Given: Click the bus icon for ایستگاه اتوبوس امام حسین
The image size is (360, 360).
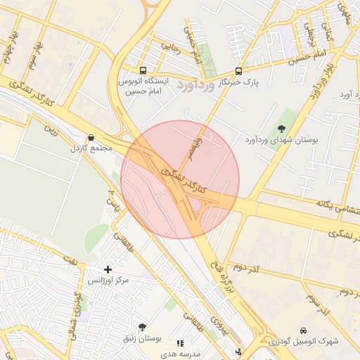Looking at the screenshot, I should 143,71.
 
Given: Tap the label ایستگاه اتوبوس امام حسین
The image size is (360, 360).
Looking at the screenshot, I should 144,86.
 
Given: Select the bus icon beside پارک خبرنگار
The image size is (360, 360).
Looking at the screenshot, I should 238,71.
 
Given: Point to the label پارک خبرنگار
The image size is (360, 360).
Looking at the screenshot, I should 238,82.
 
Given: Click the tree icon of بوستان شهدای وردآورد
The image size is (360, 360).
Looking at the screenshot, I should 282,129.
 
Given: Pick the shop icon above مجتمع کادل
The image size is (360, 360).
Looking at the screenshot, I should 90,138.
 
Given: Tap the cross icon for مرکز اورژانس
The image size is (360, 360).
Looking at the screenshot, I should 108,269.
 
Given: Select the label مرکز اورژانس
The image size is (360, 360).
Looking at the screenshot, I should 108,281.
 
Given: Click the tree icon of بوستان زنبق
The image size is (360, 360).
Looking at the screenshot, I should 143,328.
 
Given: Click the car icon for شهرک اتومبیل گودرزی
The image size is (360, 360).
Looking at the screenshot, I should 303,330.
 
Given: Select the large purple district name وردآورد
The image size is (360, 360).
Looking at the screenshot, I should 193,86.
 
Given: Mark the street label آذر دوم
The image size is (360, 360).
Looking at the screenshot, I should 245,269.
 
